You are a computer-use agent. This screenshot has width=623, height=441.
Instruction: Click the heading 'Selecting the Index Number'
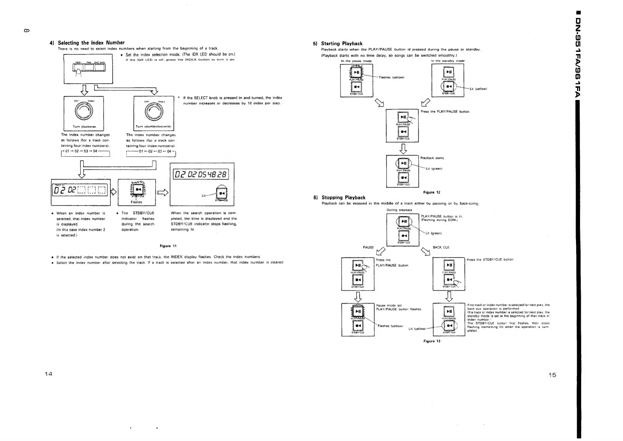pos(91,43)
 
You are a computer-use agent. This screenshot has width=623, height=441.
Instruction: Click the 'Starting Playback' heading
pos(342,43)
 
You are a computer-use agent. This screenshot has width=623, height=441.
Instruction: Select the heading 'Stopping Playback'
pos(343,197)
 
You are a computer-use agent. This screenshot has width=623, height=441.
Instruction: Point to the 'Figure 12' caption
pos(432,192)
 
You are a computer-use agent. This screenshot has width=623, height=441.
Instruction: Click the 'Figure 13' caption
pos(432,341)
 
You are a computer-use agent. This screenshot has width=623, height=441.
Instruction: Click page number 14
pos(48,374)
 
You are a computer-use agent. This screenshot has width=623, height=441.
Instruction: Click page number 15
pos(552,375)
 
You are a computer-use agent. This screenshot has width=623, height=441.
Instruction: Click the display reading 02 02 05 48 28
pos(202,174)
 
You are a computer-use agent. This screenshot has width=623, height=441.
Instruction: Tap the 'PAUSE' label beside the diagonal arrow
pos(368,247)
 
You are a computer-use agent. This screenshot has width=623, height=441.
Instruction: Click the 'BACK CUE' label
pos(441,247)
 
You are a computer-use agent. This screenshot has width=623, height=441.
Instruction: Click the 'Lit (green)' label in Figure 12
pos(435,169)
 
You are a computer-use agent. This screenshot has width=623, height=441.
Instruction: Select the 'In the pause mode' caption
pos(356,61)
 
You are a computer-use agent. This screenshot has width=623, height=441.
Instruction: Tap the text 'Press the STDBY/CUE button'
pos(490,260)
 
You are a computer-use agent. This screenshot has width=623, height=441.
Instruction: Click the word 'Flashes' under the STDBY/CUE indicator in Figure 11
pos(137,202)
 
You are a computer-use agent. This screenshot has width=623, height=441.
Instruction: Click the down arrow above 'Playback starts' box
pos(403,148)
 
